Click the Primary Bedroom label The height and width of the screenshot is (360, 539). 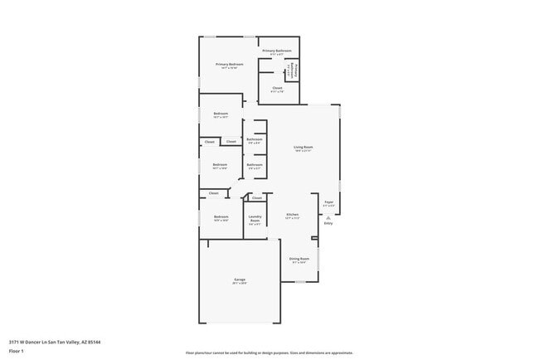pyautogui.click(x=230, y=64)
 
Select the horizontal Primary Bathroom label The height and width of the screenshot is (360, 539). pyautogui.click(x=277, y=51)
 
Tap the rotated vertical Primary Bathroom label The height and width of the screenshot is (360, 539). pyautogui.click(x=293, y=71)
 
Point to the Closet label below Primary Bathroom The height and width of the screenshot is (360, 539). pyautogui.click(x=277, y=87)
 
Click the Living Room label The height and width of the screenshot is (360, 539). pyautogui.click(x=303, y=147)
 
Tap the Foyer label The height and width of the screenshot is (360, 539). pyautogui.click(x=328, y=202)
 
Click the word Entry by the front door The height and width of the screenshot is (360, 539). pyautogui.click(x=328, y=223)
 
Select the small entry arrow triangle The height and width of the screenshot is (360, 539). pyautogui.click(x=328, y=216)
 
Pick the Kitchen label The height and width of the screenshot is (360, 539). pyautogui.click(x=292, y=216)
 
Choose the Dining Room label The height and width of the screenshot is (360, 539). pyautogui.click(x=299, y=258)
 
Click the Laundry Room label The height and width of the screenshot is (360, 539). pyautogui.click(x=255, y=219)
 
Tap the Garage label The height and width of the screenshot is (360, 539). pyautogui.click(x=239, y=280)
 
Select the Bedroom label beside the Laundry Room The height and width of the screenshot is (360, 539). pyautogui.click(x=221, y=216)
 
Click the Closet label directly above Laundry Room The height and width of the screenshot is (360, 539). pyautogui.click(x=257, y=197)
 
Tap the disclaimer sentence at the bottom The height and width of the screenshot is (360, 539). pyautogui.click(x=269, y=353)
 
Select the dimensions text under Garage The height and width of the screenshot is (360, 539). pyautogui.click(x=239, y=284)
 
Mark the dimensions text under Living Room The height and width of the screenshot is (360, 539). pyautogui.click(x=303, y=151)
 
